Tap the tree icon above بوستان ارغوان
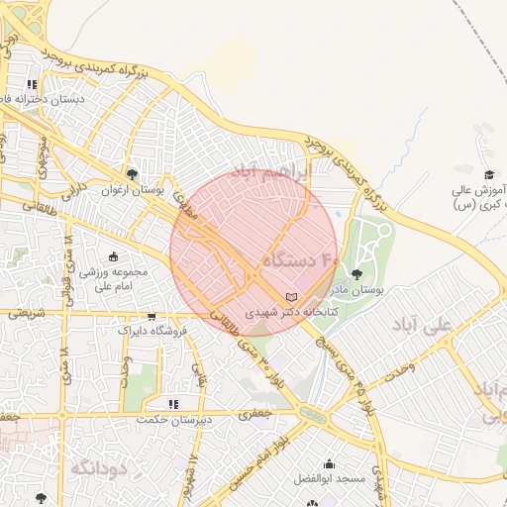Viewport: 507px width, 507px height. click(x=133, y=173)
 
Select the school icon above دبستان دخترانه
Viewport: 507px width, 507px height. click(x=33, y=85)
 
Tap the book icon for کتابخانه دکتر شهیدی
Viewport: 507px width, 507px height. click(x=290, y=296)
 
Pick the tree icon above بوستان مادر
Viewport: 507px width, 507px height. click(x=356, y=274)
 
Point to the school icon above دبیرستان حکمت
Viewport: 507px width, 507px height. click(x=173, y=404)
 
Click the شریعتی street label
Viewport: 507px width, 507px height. click(x=27, y=313)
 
